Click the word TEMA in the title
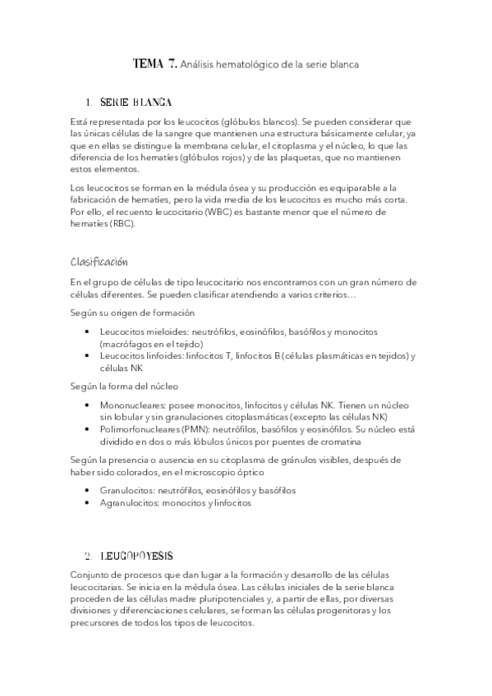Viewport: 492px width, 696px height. point(148,63)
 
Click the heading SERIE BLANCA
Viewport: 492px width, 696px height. point(136,103)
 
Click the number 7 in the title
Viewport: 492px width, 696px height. point(172,63)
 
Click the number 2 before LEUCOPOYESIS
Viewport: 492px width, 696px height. point(88,555)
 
